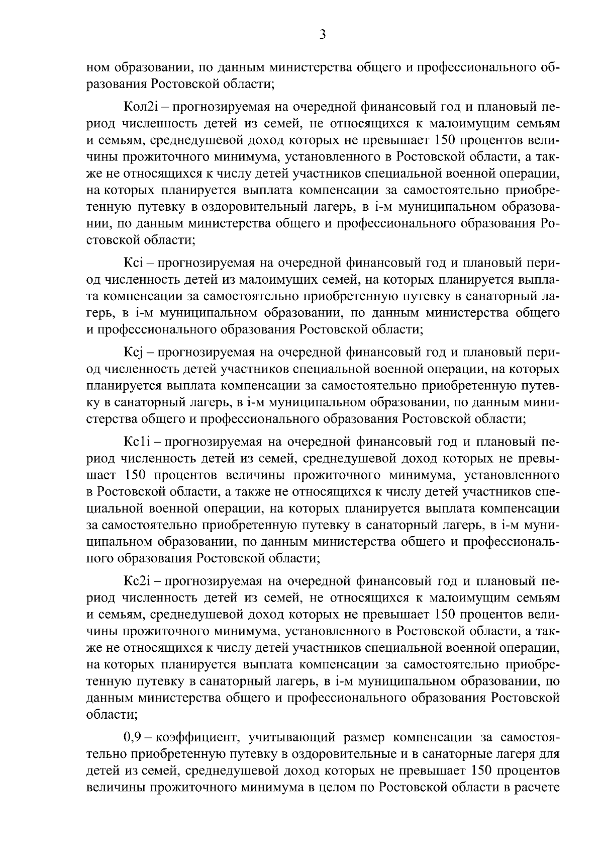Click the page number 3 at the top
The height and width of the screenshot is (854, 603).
click(x=323, y=35)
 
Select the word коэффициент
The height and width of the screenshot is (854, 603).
click(x=195, y=738)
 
